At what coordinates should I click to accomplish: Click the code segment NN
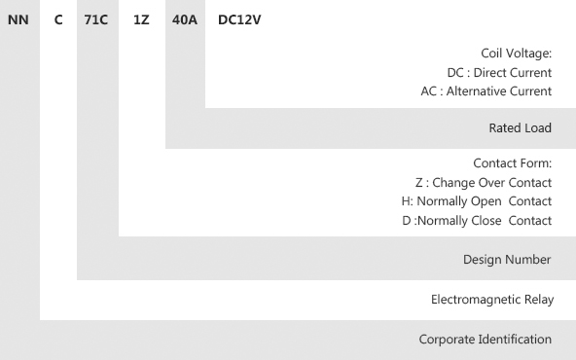pos(18,19)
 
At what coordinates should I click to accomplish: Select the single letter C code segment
pos(58,19)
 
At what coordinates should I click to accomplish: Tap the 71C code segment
pos(96,19)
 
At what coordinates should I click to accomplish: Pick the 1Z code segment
pos(141,19)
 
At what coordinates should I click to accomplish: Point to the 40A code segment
pos(185,19)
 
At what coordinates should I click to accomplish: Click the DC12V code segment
pos(239,19)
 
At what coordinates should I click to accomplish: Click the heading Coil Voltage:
pos(516,54)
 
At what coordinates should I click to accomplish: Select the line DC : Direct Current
pos(499,73)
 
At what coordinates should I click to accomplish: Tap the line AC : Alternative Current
pos(486,91)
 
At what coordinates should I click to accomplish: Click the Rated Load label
pos(521,127)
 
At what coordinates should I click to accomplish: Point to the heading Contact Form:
pos(513,163)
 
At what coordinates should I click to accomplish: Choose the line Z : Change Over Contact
pos(484,183)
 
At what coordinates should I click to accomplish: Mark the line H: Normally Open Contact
pos(477,201)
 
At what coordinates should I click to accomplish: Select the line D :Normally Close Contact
pos(477,221)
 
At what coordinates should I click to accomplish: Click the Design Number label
pos(507,260)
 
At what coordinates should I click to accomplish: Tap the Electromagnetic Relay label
pos(492,300)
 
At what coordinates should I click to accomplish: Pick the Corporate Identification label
pos(485,340)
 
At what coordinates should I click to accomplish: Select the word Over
pos(492,183)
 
